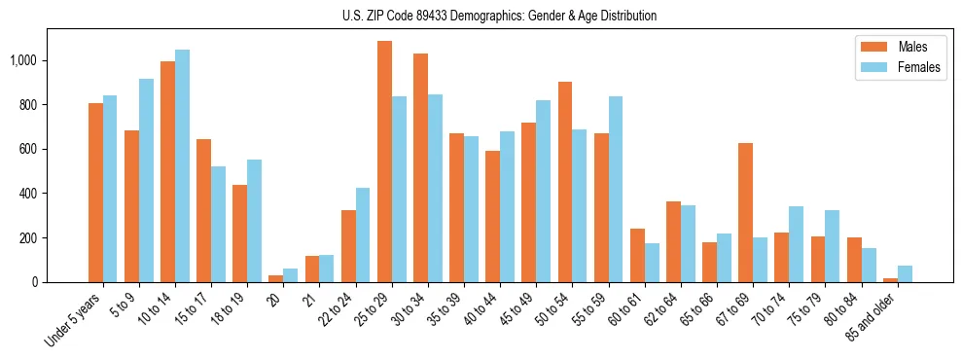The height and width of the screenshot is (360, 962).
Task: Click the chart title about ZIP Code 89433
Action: pos(499,16)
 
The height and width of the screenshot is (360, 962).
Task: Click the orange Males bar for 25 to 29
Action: pos(384,162)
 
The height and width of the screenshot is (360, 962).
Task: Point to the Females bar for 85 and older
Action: pos(905,273)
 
